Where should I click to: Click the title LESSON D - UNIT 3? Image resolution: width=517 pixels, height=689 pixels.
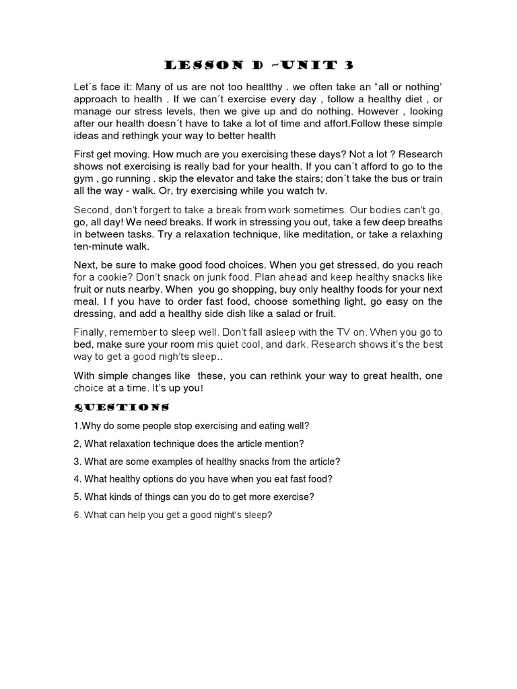[258, 65]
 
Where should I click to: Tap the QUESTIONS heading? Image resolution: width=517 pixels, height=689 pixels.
[120, 407]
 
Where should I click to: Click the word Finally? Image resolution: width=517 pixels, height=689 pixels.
[90, 332]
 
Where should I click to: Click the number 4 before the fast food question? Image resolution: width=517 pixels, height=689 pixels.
[77, 479]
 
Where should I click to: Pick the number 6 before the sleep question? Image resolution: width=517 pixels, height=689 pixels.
[77, 515]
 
